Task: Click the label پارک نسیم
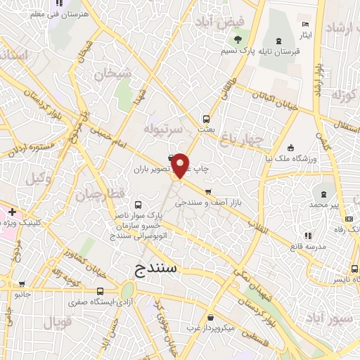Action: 237,51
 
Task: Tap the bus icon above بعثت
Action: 206,119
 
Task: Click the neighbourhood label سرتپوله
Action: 164,129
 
